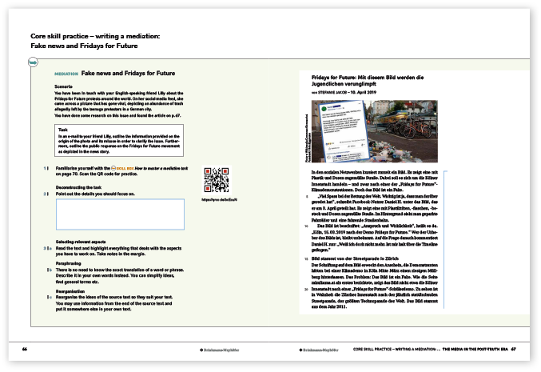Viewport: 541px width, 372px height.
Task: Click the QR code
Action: (x=216, y=178)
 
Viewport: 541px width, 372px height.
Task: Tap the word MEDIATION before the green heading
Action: (x=66, y=74)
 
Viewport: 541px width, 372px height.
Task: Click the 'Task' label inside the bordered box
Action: (x=64, y=129)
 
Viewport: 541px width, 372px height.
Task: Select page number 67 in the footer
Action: (x=515, y=349)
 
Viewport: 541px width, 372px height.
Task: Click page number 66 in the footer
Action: (x=25, y=349)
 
